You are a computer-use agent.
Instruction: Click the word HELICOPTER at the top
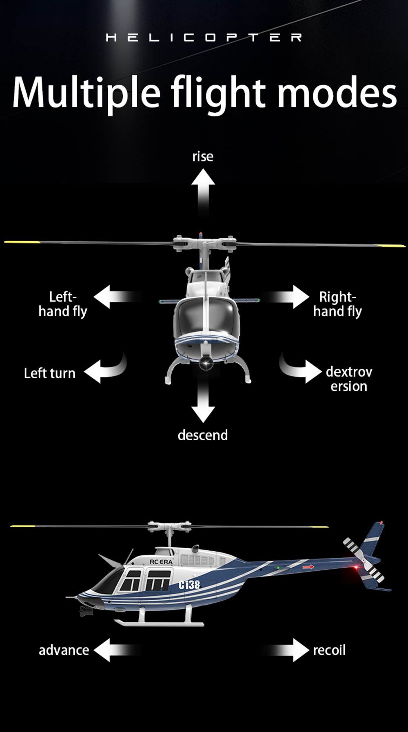[204, 38]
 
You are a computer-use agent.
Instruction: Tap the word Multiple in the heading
[86, 93]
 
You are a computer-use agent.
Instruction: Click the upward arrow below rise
[203, 192]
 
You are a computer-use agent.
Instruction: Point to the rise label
[203, 156]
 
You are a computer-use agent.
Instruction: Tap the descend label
[203, 435]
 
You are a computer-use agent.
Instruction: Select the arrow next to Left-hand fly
[117, 297]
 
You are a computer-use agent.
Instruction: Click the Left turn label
[50, 373]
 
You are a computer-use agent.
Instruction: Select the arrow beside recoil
[286, 650]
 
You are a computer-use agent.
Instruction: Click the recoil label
[329, 650]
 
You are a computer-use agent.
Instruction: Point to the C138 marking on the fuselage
[190, 585]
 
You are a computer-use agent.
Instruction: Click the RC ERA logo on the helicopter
[161, 562]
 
